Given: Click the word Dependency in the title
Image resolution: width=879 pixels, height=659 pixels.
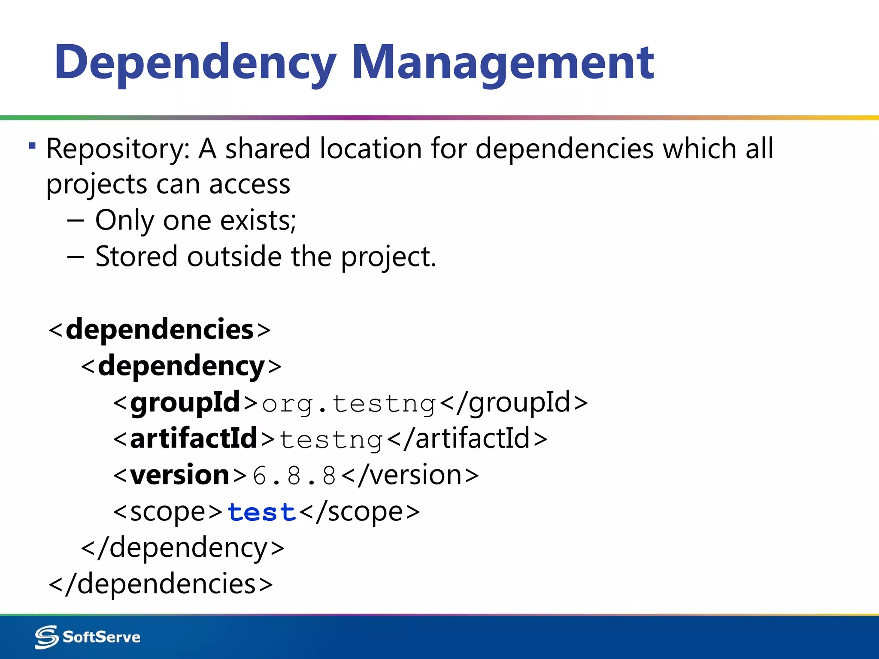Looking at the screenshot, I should [195, 63].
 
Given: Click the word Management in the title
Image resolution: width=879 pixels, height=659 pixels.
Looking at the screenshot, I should [503, 63].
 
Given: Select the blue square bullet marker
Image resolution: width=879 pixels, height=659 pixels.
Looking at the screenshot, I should [32, 146].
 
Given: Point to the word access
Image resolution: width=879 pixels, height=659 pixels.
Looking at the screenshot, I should [249, 184].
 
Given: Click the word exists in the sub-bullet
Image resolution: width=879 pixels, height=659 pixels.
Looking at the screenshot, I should [258, 221].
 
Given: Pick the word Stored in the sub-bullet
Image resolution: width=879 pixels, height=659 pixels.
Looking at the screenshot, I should [136, 257].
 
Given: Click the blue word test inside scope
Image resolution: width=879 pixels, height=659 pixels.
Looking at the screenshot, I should [261, 512].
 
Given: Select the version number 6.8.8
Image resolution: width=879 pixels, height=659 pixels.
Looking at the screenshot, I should [294, 476].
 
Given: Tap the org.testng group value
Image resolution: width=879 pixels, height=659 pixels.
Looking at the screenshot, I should [349, 404].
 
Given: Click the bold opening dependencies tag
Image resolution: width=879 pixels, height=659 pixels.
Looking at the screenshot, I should [160, 330].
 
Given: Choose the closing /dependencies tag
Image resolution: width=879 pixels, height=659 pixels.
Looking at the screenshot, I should [161, 584].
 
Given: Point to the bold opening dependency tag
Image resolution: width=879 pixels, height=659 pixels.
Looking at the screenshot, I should [181, 366].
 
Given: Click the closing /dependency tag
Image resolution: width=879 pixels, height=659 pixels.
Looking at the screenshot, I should [182, 548].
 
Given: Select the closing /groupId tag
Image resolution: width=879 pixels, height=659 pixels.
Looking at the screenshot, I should [514, 403].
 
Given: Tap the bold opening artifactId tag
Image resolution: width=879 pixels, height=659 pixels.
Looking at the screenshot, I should [194, 439].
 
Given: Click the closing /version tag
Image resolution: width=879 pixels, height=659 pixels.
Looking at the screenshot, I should [411, 476].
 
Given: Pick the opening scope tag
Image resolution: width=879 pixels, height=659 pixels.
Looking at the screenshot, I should [167, 512].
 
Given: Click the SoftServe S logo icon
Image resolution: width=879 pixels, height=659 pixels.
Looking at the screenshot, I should [46, 637].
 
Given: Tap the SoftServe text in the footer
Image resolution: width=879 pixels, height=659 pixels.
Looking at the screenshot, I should [102, 637].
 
